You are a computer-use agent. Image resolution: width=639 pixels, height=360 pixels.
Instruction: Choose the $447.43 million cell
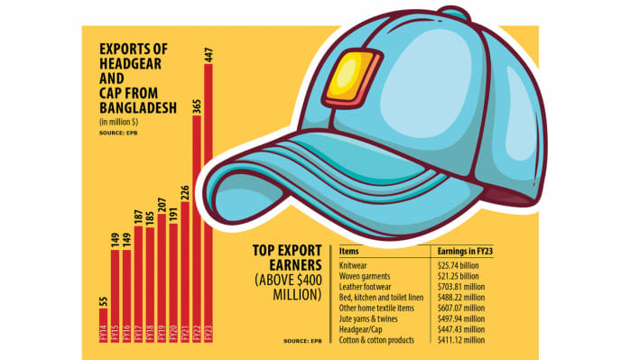point(460,330)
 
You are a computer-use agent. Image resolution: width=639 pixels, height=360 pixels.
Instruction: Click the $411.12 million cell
point(460,342)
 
